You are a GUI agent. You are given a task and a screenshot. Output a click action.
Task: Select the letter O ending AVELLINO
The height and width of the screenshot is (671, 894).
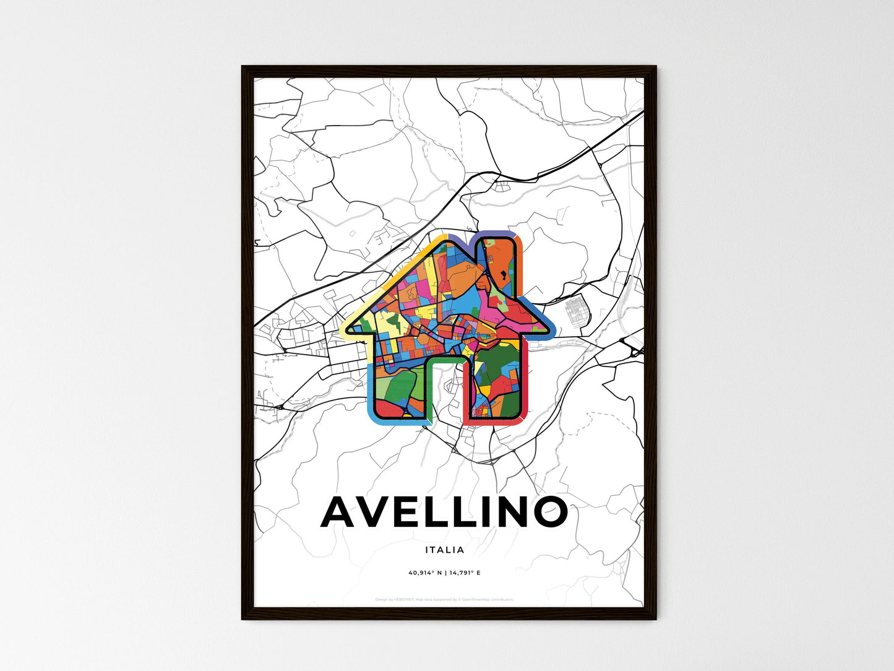(x=547, y=512)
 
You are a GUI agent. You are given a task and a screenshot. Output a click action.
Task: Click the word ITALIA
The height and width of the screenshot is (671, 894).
(x=444, y=550)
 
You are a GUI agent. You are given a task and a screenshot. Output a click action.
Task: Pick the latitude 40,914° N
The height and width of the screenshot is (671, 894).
(x=426, y=573)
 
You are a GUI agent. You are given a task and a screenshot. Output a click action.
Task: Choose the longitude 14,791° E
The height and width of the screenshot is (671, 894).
(x=465, y=573)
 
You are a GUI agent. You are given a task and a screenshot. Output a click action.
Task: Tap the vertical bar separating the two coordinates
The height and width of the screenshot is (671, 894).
(x=445, y=573)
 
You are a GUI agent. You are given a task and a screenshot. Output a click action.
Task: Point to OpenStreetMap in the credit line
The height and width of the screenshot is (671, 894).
(x=483, y=599)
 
